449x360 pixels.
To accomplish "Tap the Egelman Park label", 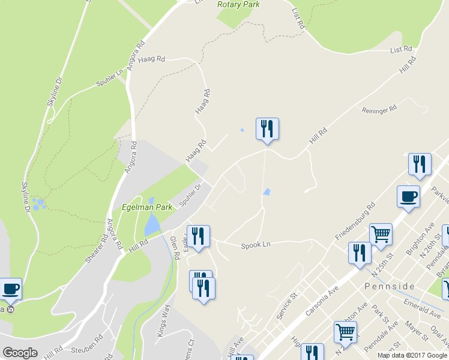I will coord(146,207).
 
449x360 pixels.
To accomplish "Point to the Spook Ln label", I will coord(256,245).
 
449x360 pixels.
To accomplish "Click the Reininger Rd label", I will coord(379,109).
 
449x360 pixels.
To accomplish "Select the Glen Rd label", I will coord(175,247).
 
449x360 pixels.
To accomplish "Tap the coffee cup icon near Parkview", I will coord(408,196).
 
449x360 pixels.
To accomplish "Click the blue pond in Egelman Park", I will coord(152,225).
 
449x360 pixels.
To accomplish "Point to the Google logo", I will coord(20,353).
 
